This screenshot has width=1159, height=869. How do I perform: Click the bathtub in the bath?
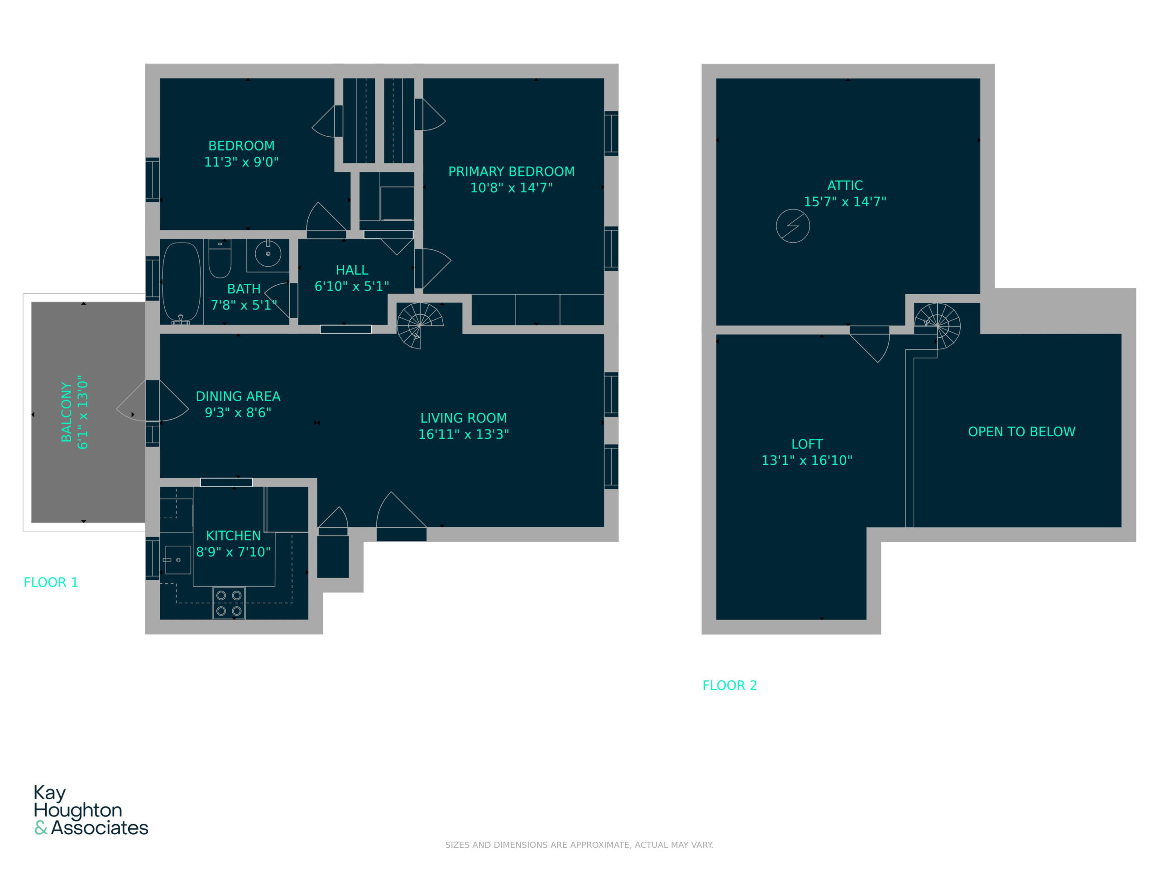click(x=181, y=282)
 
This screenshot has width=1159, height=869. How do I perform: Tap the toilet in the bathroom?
click(x=220, y=258)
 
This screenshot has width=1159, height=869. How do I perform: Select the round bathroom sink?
click(x=268, y=253)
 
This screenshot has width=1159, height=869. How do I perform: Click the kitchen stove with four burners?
click(x=229, y=603)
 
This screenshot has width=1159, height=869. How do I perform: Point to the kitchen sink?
click(x=178, y=560)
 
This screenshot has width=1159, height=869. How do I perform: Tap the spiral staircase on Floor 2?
click(x=937, y=326)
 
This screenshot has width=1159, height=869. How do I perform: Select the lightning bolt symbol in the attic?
click(x=793, y=226)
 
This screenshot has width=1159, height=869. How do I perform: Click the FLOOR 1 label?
click(x=51, y=583)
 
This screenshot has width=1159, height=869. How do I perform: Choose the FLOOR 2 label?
click(x=730, y=686)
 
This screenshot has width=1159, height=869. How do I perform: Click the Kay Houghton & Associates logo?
click(x=91, y=810)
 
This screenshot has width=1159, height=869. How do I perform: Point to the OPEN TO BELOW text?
click(x=1022, y=432)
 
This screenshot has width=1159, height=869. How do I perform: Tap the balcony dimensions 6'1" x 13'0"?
click(x=83, y=412)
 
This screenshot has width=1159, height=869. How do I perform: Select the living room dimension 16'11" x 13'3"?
click(x=464, y=434)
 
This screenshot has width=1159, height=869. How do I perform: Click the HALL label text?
click(x=352, y=270)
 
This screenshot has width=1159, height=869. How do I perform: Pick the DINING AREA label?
click(x=238, y=396)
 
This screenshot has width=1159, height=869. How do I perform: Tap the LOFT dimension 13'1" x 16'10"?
click(x=807, y=460)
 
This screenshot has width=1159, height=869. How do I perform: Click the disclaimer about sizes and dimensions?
click(x=579, y=845)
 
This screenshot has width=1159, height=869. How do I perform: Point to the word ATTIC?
click(x=845, y=186)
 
